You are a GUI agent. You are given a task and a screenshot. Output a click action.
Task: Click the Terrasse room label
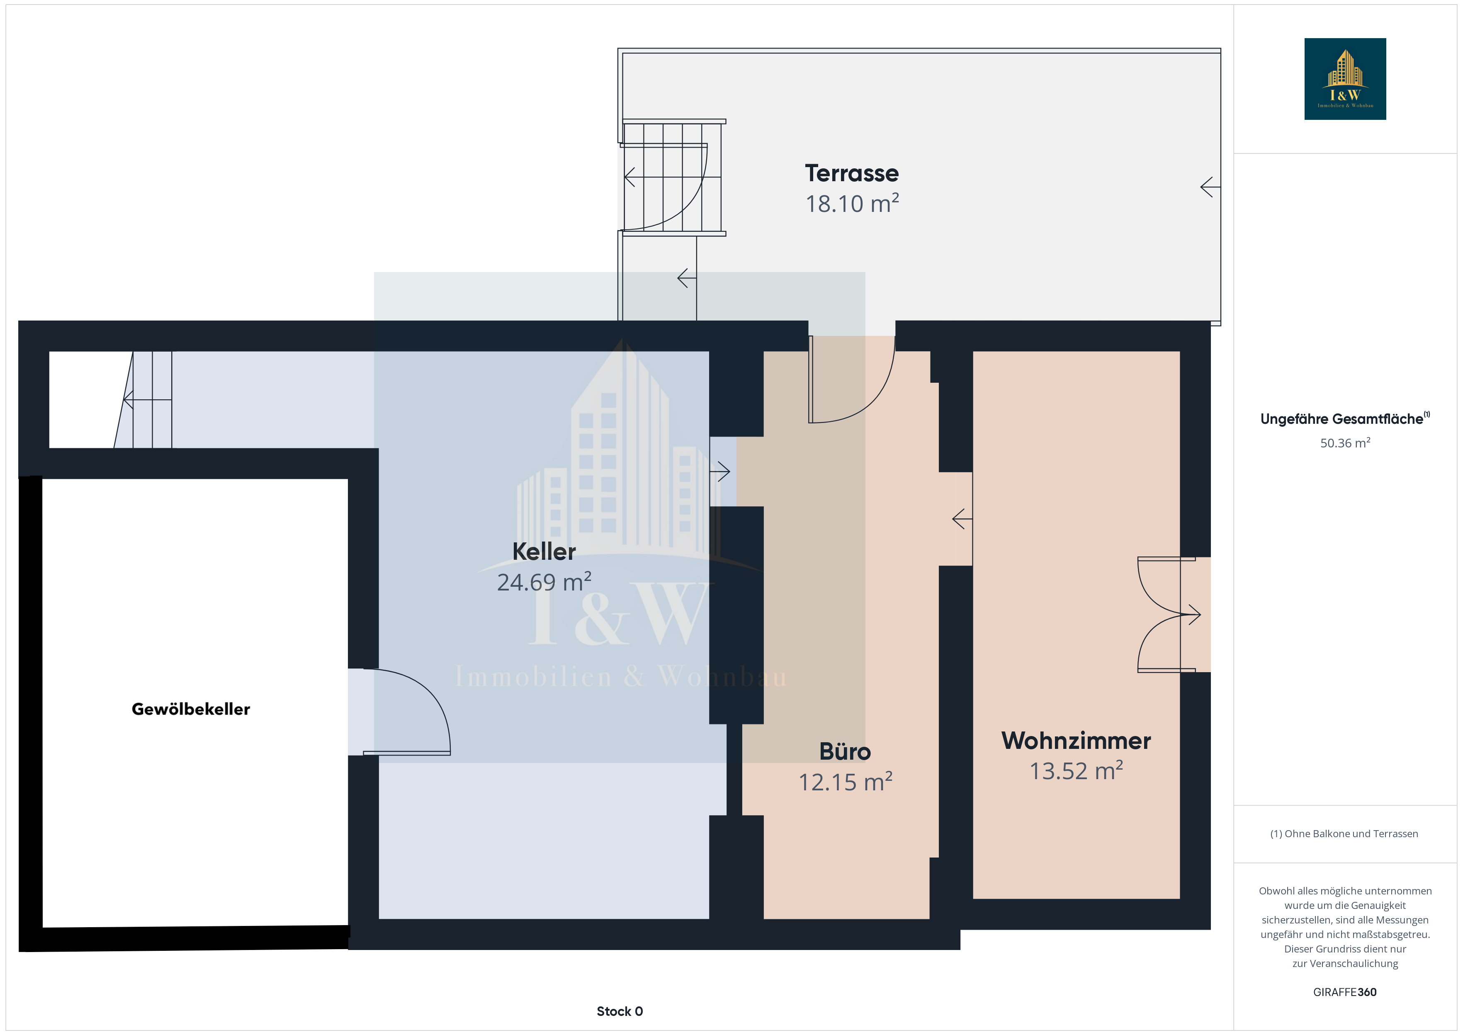(x=852, y=173)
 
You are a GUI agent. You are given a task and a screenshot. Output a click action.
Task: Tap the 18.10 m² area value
(x=852, y=203)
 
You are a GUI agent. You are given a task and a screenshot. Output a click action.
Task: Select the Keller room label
(x=544, y=551)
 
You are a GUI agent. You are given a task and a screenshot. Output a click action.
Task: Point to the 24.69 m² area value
(x=544, y=581)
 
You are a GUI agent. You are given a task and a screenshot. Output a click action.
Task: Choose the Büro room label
(x=845, y=751)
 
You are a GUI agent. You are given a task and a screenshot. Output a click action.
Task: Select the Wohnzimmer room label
(x=1076, y=741)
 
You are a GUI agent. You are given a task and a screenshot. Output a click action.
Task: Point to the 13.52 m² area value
(x=1076, y=770)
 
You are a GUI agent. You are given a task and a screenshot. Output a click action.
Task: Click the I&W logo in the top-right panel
(x=1345, y=79)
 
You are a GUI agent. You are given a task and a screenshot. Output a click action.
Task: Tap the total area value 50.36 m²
(x=1345, y=443)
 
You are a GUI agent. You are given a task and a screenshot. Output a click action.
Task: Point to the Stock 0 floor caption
(x=620, y=1011)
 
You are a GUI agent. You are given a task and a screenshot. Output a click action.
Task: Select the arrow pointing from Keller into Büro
(x=719, y=471)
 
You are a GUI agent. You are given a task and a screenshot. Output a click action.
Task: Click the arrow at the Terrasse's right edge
(x=1210, y=187)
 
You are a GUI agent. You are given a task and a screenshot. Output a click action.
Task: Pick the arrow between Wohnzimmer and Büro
(x=962, y=519)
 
